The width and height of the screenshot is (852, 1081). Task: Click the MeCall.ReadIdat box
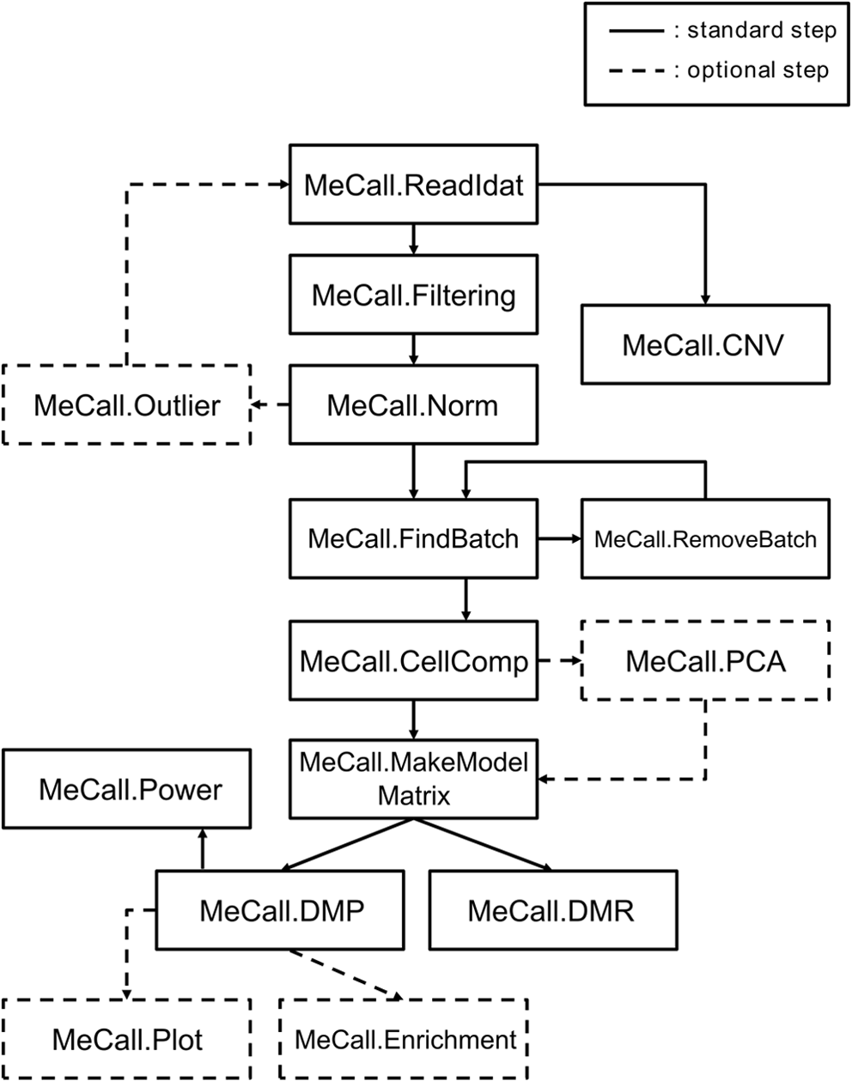413,185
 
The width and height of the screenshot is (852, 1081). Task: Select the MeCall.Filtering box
413,295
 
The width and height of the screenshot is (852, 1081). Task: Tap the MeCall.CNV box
705,343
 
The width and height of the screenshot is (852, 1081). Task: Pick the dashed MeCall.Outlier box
127,405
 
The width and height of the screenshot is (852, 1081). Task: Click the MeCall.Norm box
413,405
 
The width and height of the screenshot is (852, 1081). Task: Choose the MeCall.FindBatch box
413,538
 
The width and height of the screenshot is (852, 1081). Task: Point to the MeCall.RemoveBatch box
705,539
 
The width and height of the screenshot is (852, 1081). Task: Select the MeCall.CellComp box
413,661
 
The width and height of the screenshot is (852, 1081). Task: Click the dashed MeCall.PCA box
705,661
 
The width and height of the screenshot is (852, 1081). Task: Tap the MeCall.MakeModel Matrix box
413,779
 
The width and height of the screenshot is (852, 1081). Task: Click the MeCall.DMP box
280,910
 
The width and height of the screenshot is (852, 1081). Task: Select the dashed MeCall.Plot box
127,1040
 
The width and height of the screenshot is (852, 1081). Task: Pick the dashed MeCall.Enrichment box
405,1040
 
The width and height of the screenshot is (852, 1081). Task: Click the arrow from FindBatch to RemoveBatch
559,538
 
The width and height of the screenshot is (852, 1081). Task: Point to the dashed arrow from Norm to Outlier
270,405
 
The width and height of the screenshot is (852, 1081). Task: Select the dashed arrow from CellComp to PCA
559,661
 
